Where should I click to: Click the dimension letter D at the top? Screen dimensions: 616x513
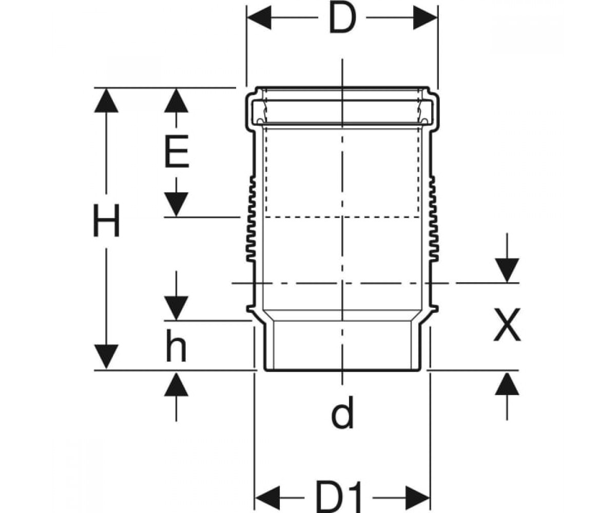[x=342, y=18]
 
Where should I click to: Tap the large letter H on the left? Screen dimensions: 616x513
[x=106, y=221]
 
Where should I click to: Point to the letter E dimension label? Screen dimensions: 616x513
[x=177, y=151]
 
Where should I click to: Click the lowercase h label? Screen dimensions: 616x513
[x=176, y=346]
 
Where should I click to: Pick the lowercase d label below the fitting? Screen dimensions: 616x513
[x=342, y=413]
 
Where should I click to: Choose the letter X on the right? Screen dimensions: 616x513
[x=507, y=325]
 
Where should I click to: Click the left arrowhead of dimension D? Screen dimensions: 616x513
[x=259, y=17]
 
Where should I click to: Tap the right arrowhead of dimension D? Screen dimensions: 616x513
[x=425, y=17]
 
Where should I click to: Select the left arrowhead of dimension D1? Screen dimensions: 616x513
[x=267, y=498]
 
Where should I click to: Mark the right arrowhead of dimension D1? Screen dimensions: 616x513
[x=417, y=498]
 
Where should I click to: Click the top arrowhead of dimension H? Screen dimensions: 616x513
[x=106, y=101]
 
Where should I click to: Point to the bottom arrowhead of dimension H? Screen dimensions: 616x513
[x=106, y=357]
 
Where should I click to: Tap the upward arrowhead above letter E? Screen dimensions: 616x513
[x=176, y=101]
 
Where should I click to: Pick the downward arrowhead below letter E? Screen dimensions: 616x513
[x=176, y=204]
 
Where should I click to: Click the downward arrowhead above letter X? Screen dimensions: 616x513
[x=507, y=270]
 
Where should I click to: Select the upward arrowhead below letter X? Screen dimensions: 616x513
[x=507, y=383]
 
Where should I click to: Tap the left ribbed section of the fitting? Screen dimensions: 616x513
[x=251, y=219]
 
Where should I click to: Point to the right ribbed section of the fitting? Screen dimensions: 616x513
[x=434, y=219]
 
